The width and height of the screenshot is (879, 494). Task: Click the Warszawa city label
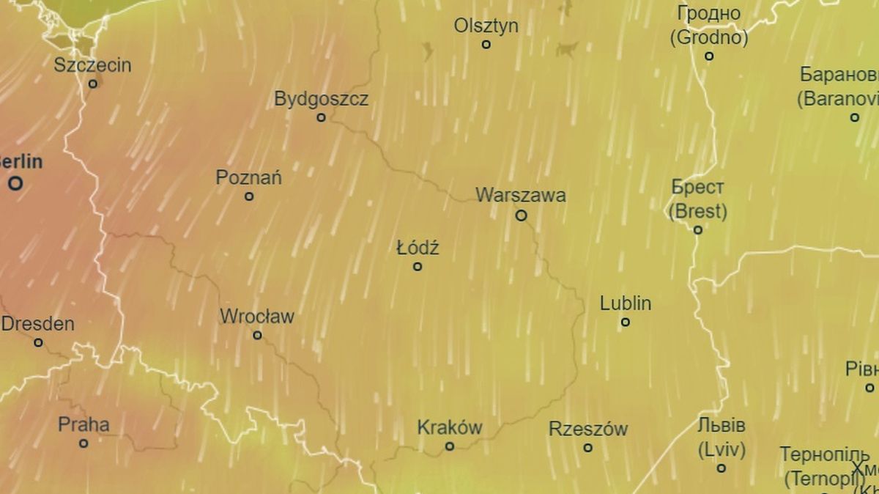(x=520, y=196)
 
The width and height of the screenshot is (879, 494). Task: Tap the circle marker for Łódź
(x=418, y=267)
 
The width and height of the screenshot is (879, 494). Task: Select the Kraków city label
(x=450, y=427)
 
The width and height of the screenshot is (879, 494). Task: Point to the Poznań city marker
(x=249, y=196)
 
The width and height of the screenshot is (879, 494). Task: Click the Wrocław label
(x=257, y=317)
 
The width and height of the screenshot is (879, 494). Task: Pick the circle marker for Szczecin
(x=93, y=84)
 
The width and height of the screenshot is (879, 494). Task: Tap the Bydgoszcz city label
(x=321, y=99)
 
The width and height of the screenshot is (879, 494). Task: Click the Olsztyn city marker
(x=486, y=45)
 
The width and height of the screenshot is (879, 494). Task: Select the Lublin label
(x=626, y=303)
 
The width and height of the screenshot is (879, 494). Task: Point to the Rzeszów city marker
(x=587, y=448)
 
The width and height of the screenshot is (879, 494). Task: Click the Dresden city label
(x=38, y=324)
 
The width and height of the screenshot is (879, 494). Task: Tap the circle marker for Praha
(x=84, y=443)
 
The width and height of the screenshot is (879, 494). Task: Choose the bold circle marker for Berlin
(x=15, y=184)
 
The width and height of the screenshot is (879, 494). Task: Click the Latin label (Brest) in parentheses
(x=698, y=212)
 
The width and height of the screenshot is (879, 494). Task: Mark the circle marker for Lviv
(x=722, y=468)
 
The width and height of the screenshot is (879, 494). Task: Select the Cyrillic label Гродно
(x=708, y=14)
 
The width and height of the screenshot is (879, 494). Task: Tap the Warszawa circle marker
(x=521, y=215)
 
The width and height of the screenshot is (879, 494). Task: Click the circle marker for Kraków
(x=450, y=446)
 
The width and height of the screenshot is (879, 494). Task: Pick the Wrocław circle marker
(x=257, y=336)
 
